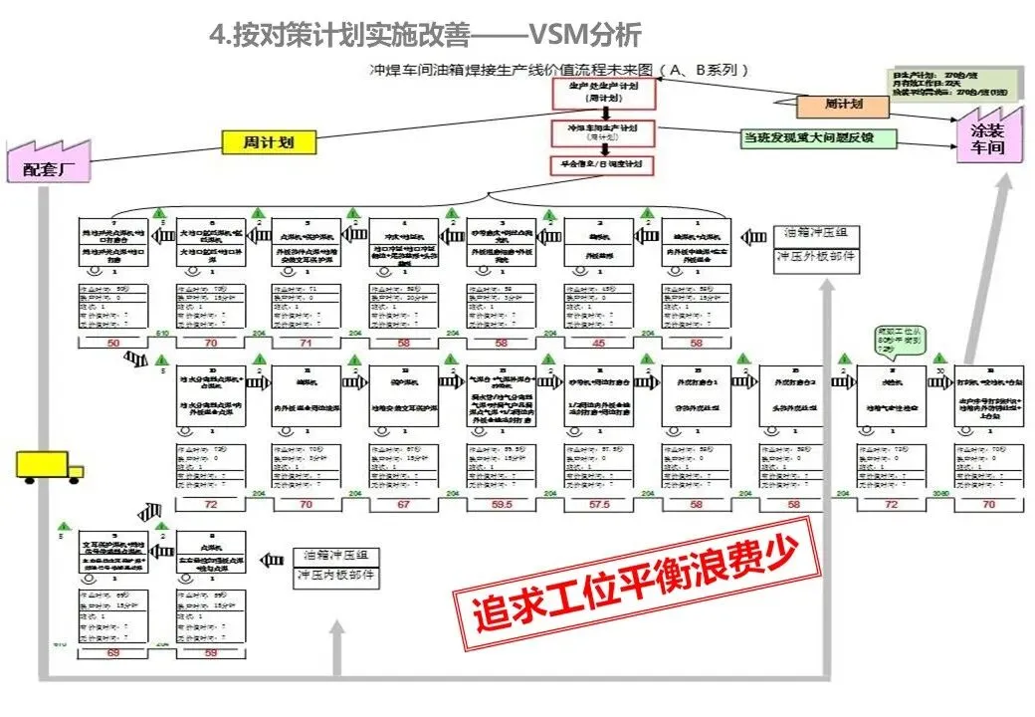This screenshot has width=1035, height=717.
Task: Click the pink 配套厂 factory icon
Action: (49, 164)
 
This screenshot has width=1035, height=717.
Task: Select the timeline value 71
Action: (306, 344)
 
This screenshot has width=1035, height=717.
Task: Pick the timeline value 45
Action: (597, 344)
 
